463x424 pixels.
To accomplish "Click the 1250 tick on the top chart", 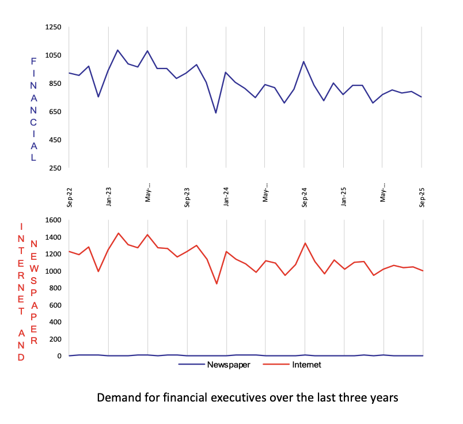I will (53, 27).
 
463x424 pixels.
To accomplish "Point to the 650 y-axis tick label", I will (55, 112).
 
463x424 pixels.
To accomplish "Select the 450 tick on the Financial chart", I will (55, 140).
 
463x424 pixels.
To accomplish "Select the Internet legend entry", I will (305, 365).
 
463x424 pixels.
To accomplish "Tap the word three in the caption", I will (352, 397).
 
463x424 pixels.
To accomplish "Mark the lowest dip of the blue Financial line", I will (216, 113).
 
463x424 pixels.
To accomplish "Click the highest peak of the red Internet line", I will (119, 233).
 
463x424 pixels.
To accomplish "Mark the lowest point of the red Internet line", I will (217, 284).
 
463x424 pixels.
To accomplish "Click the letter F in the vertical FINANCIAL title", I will (33, 60).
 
